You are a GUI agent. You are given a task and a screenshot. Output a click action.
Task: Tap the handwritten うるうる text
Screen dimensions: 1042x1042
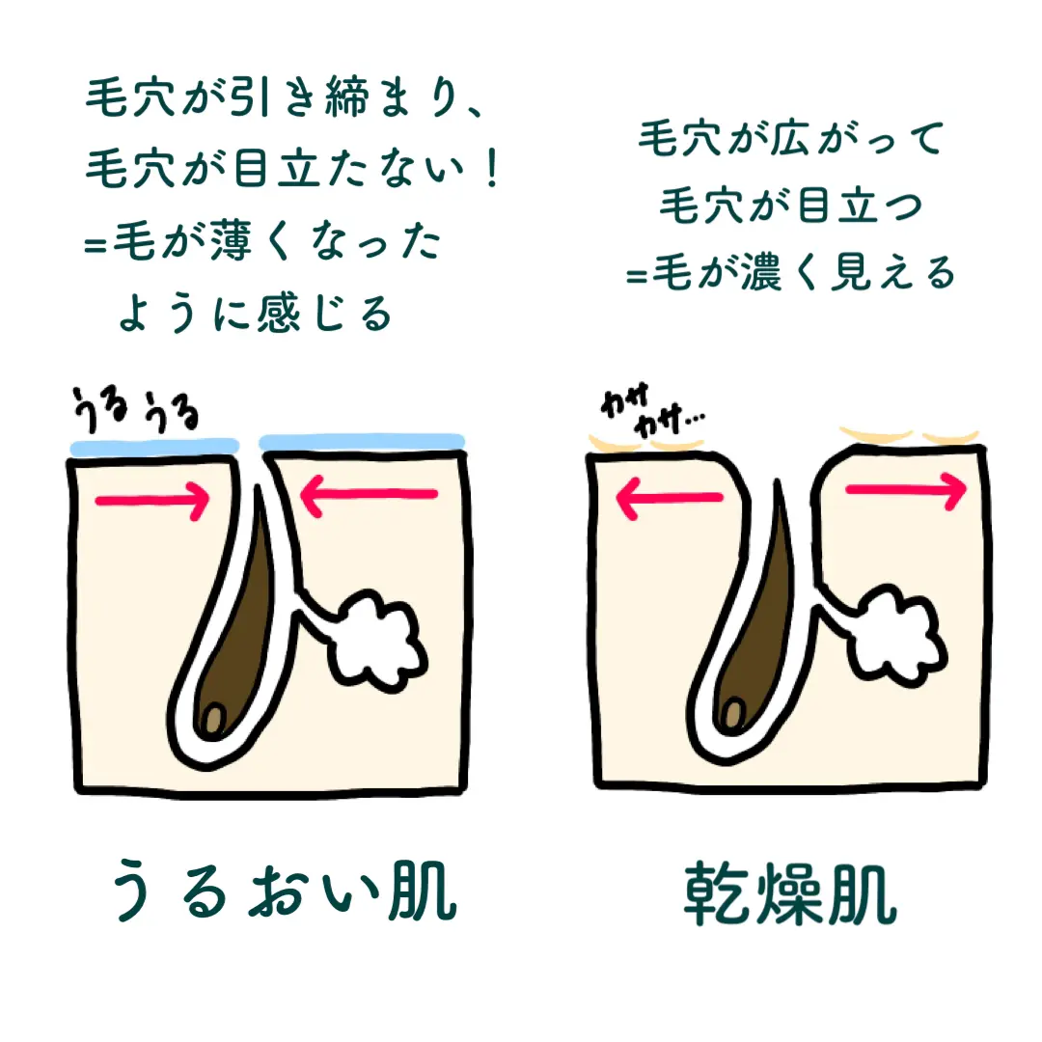tap(135, 413)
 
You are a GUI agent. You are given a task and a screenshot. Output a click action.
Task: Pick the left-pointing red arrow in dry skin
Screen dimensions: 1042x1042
tap(669, 498)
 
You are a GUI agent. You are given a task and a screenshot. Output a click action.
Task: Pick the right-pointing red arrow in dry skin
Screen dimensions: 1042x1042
tap(905, 491)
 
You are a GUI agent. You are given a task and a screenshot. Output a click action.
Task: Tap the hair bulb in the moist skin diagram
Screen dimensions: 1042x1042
tap(214, 717)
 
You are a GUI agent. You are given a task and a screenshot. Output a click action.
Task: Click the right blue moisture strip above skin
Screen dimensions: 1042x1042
tap(363, 441)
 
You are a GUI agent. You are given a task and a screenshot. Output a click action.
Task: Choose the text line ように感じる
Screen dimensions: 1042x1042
tap(256, 313)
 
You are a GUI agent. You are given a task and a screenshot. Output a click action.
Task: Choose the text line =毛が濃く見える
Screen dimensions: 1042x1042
tap(789, 273)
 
